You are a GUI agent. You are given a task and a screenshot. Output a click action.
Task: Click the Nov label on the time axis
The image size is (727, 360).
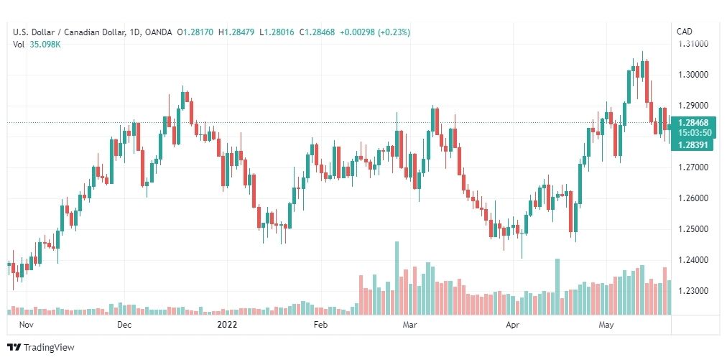(26, 325)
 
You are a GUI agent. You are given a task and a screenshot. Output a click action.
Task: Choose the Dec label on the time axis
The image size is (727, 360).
(124, 325)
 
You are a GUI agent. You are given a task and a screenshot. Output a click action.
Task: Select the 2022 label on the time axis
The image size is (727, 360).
(227, 325)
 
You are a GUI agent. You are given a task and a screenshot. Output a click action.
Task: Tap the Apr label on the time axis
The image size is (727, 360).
(512, 325)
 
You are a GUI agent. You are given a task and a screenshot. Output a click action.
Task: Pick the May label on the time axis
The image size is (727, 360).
(606, 325)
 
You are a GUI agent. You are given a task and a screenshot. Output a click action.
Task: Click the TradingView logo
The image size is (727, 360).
(41, 348)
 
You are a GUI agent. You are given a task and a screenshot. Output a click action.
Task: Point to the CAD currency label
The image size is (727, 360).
(685, 32)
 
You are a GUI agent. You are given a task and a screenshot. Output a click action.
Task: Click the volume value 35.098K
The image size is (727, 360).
(45, 45)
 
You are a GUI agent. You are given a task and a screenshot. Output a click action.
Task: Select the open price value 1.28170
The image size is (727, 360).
(198, 32)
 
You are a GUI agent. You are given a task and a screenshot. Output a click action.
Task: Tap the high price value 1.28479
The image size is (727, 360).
(239, 32)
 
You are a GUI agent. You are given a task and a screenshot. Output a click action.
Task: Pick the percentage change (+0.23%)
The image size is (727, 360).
(394, 32)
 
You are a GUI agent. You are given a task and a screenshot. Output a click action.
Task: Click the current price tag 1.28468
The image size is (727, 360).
(693, 123)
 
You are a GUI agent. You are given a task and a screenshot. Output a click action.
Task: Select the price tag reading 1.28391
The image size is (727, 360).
(693, 145)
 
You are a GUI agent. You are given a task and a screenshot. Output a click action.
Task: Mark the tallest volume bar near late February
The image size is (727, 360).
(397, 278)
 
